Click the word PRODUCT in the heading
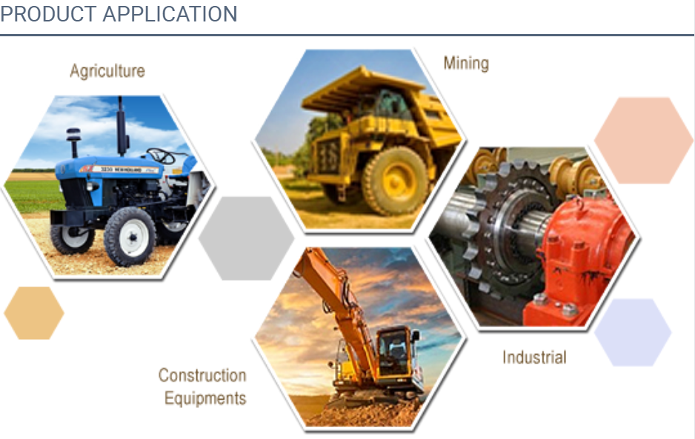(x=48, y=14)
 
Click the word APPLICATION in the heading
(x=170, y=14)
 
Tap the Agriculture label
(x=107, y=71)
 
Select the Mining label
(x=466, y=64)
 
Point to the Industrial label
(x=534, y=357)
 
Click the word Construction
(x=202, y=375)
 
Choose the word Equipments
(x=205, y=398)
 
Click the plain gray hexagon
(x=246, y=238)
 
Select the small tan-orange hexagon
(x=33, y=313)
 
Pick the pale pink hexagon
(x=644, y=141)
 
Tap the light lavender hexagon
(x=633, y=332)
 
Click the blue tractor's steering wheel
(x=161, y=156)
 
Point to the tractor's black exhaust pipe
(x=121, y=127)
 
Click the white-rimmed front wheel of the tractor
(x=130, y=237)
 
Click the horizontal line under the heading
(x=347, y=35)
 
